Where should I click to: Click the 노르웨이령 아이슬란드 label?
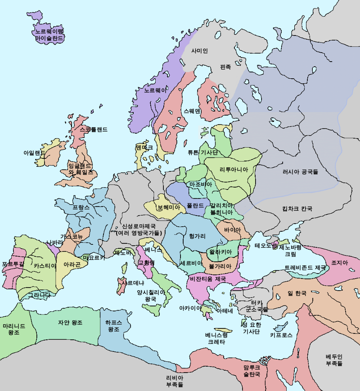point(49,35)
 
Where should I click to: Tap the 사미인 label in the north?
point(199,51)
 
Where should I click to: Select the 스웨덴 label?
point(192,111)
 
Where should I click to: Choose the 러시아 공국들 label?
point(300,171)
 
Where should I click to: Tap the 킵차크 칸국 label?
point(297,209)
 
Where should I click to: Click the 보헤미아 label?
point(168,207)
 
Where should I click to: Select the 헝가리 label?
point(197,236)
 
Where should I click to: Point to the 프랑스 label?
point(81,207)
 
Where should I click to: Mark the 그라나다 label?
point(40,295)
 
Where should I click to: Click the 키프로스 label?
point(281,335)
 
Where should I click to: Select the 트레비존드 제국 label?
point(305,267)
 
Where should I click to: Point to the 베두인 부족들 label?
point(334,360)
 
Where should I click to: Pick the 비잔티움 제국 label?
point(208,279)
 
